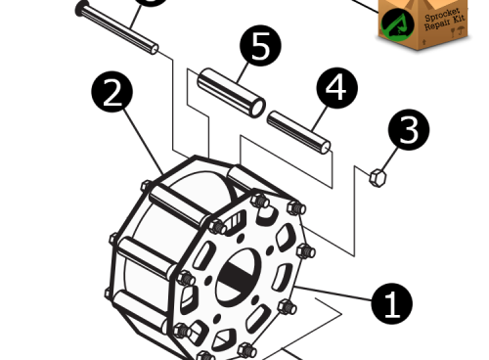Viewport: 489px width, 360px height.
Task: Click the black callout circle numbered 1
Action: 391,304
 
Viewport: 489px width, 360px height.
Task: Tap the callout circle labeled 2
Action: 112,93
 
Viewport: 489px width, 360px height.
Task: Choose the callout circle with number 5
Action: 261,47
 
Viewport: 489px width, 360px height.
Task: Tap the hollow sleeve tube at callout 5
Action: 231,92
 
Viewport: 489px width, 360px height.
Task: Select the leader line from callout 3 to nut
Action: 390,157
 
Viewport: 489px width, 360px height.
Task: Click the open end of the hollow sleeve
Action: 256,106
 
